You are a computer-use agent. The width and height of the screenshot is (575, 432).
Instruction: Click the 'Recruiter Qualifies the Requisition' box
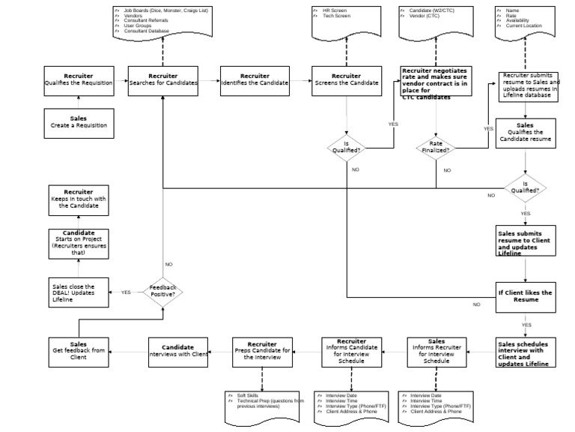pyautogui.click(x=79, y=80)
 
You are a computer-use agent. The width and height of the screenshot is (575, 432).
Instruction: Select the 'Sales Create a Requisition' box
pyautogui.click(x=79, y=123)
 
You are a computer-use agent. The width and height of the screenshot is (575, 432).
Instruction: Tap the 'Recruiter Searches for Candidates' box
pyautogui.click(x=162, y=80)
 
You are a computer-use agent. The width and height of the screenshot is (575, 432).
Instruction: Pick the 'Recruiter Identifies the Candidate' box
pyautogui.click(x=255, y=80)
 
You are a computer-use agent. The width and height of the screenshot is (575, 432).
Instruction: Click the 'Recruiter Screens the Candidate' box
pyautogui.click(x=346, y=80)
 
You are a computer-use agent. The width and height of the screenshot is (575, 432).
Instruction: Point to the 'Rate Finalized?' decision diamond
pyautogui.click(x=436, y=146)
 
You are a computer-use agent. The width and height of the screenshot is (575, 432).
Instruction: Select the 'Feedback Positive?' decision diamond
pyautogui.click(x=162, y=292)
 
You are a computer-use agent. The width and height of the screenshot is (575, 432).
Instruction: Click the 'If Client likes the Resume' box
pyautogui.click(x=526, y=296)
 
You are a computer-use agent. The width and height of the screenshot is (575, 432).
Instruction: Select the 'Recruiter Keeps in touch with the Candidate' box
pyautogui.click(x=79, y=198)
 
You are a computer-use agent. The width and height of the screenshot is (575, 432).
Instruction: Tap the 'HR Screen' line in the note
pyautogui.click(x=335, y=11)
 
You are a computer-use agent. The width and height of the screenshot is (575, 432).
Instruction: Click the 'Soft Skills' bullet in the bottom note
pyautogui.click(x=249, y=395)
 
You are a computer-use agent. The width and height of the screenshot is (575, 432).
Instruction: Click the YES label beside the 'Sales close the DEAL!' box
pyautogui.click(x=126, y=292)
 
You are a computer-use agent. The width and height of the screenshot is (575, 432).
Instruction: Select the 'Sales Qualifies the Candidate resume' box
pyautogui.click(x=526, y=133)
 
